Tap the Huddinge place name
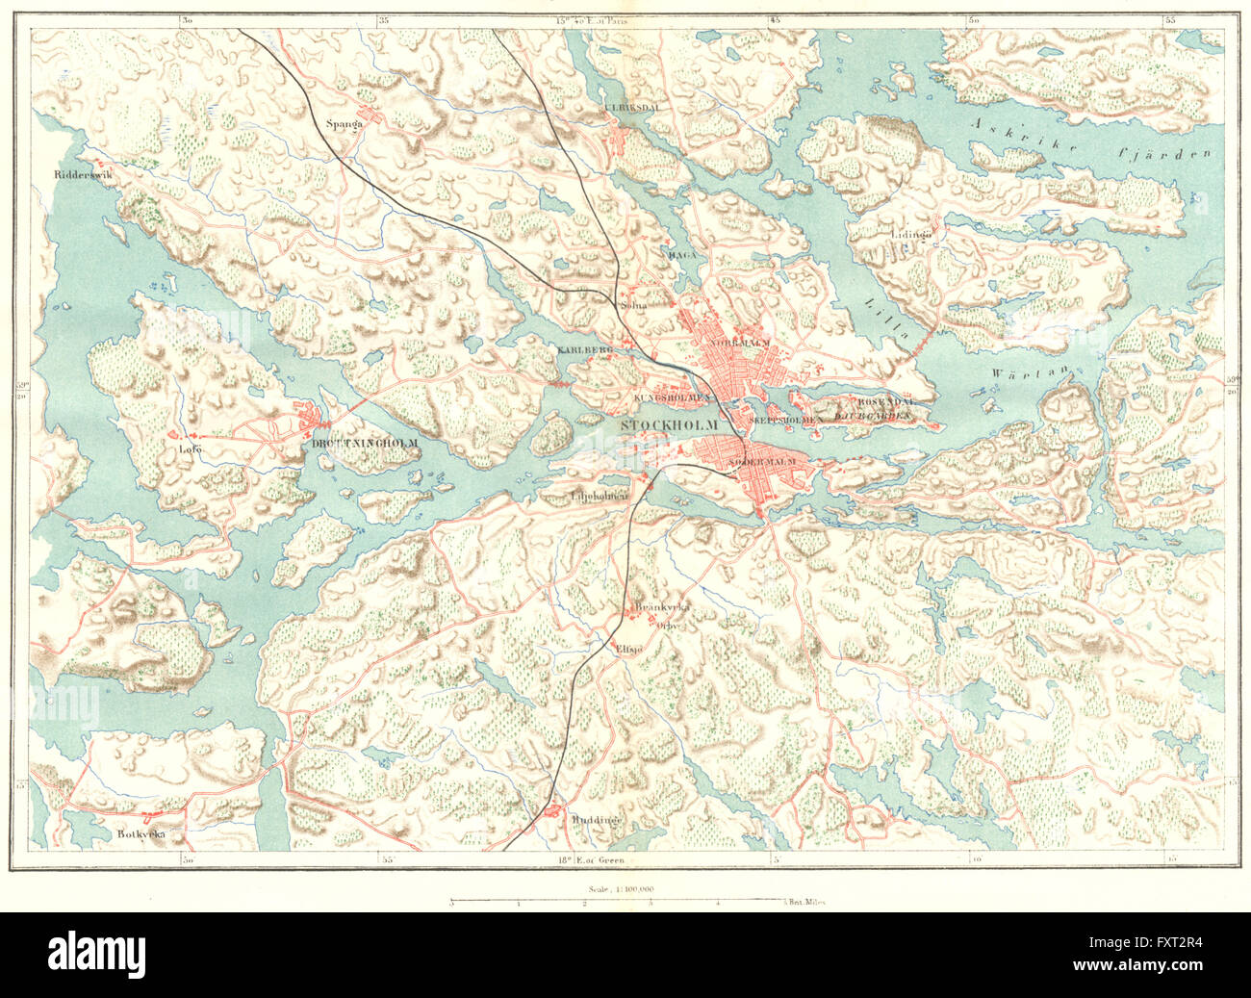pyautogui.click(x=598, y=820)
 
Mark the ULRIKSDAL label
pyautogui.click(x=631, y=108)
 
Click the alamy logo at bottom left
pyautogui.click(x=96, y=954)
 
